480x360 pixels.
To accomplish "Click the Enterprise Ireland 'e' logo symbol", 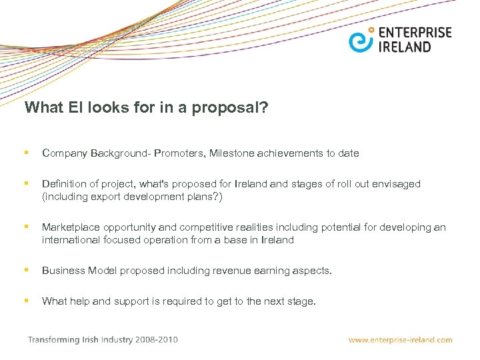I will pos(361,40).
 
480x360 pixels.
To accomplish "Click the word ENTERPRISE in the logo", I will pos(415,33).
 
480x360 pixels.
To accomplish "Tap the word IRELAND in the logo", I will pos(405,47).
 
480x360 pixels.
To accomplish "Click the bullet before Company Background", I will pos(25,153).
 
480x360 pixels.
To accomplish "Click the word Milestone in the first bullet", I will pos(232,153).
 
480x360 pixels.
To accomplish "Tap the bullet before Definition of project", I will pos(25,183).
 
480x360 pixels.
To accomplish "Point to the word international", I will pos(69,240).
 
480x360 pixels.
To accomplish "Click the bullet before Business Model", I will pos(25,270).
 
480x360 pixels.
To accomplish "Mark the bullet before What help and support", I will pos(25,301).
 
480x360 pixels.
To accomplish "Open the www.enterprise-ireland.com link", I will pos(400,340).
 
